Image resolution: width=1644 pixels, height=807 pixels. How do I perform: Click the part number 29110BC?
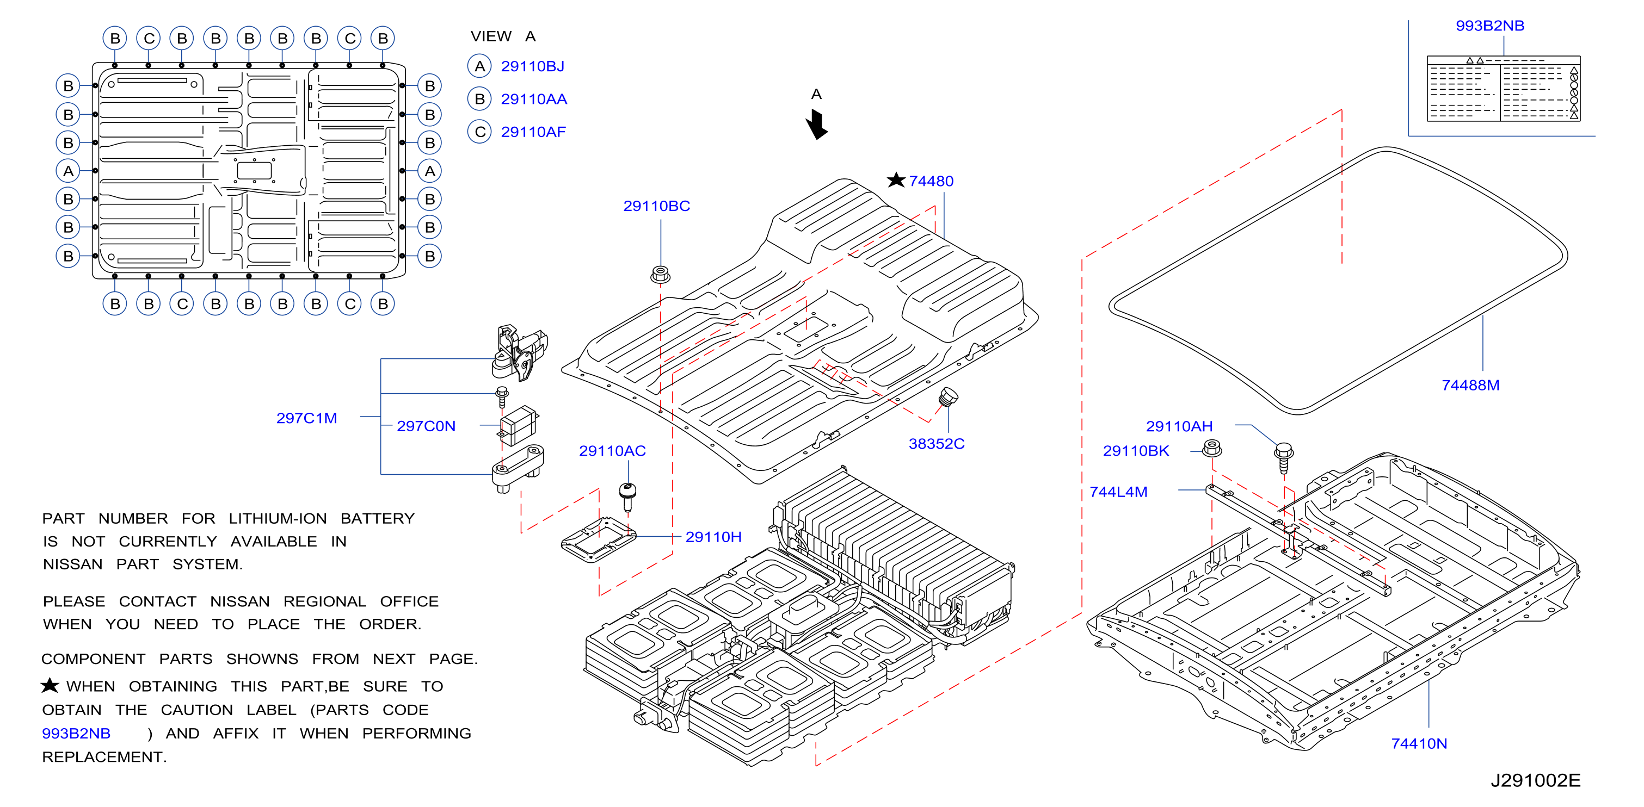coord(657,206)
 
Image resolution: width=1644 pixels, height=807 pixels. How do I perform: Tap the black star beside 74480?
coord(896,180)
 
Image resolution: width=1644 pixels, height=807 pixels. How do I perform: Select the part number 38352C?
coord(936,443)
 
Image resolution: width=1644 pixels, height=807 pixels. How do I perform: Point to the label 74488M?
coord(1470,386)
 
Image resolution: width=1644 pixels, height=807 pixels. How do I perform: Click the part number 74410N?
coord(1419,743)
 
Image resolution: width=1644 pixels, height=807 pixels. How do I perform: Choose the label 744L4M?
coord(1118,492)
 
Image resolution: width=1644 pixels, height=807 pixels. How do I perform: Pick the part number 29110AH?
coord(1179,426)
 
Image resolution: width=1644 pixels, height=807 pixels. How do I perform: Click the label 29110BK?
coord(1136,451)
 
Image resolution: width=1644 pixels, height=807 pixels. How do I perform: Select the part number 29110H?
coord(713,537)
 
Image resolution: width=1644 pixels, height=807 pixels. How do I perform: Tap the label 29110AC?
coord(612,451)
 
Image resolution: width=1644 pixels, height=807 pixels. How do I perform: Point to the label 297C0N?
coord(426,426)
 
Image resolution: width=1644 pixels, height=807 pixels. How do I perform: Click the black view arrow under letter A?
coord(816,124)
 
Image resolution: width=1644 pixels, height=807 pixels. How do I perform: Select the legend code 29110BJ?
coord(532,66)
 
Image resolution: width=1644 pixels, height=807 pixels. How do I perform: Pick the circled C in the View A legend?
coord(479,132)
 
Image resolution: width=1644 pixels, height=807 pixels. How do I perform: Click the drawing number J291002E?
coord(1535,780)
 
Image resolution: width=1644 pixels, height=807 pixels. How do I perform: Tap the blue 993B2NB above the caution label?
coord(1489,26)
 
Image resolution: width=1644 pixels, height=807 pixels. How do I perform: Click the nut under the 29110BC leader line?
coord(661,274)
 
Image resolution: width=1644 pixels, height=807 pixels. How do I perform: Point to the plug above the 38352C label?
coord(949,397)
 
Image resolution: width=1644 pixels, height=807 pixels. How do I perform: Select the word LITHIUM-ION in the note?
coord(278,519)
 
